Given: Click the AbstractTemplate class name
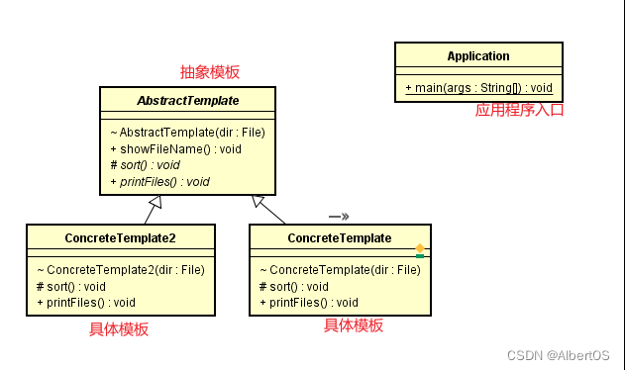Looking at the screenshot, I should (188, 100).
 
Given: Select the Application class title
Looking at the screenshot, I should (478, 56).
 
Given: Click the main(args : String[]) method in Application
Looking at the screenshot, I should (478, 88).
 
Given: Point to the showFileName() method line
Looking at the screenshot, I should (175, 148).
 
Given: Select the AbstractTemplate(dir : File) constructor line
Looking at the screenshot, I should (187, 132).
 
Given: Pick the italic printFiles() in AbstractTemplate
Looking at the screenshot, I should (159, 181).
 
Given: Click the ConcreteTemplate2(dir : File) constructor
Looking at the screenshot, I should (120, 269).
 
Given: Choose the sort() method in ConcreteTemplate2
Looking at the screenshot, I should (68, 286).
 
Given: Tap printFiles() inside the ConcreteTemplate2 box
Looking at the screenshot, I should (85, 302).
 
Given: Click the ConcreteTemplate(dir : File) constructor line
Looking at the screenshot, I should (339, 269).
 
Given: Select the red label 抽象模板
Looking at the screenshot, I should (209, 72).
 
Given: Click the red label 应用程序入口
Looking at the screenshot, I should (519, 111).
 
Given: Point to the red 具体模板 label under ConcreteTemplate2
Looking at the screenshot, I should (119, 329).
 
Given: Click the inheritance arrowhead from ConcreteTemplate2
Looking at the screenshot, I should (155, 205).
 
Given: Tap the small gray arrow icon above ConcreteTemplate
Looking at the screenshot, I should (339, 215).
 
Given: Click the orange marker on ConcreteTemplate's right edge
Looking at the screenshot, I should (420, 248).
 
